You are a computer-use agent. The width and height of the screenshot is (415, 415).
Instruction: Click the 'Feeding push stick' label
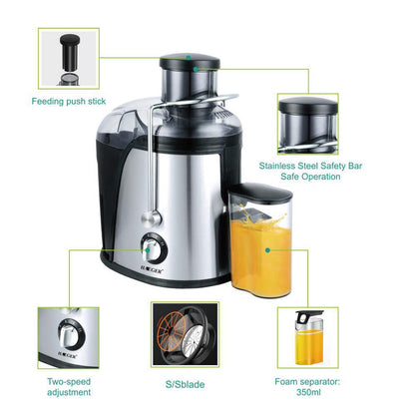point(69,101)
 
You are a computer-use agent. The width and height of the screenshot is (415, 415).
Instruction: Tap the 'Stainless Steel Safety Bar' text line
point(310,166)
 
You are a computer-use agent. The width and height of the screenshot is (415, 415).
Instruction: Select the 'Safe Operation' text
point(310,177)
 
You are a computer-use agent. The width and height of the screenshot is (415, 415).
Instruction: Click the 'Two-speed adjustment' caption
point(69,387)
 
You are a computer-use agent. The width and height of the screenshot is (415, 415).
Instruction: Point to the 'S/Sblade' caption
point(185,384)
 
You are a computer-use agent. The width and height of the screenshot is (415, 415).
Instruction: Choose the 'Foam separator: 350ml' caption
point(307,387)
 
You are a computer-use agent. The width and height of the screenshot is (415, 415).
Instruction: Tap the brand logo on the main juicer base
point(151,271)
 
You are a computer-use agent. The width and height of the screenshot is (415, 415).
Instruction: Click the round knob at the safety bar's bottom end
point(152,218)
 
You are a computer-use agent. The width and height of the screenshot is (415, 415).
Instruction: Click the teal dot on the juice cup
point(267,250)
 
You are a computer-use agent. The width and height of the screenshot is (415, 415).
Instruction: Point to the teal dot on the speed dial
point(148,250)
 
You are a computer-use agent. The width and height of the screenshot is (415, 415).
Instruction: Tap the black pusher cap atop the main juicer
point(185,61)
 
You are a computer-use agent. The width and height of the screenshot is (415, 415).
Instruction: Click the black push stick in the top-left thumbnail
point(70,52)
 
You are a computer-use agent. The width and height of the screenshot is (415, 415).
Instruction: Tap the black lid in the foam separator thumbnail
point(308,316)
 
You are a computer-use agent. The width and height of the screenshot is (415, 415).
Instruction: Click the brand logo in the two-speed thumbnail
point(67,355)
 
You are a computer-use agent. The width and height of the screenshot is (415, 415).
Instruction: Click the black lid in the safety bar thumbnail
point(308,106)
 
